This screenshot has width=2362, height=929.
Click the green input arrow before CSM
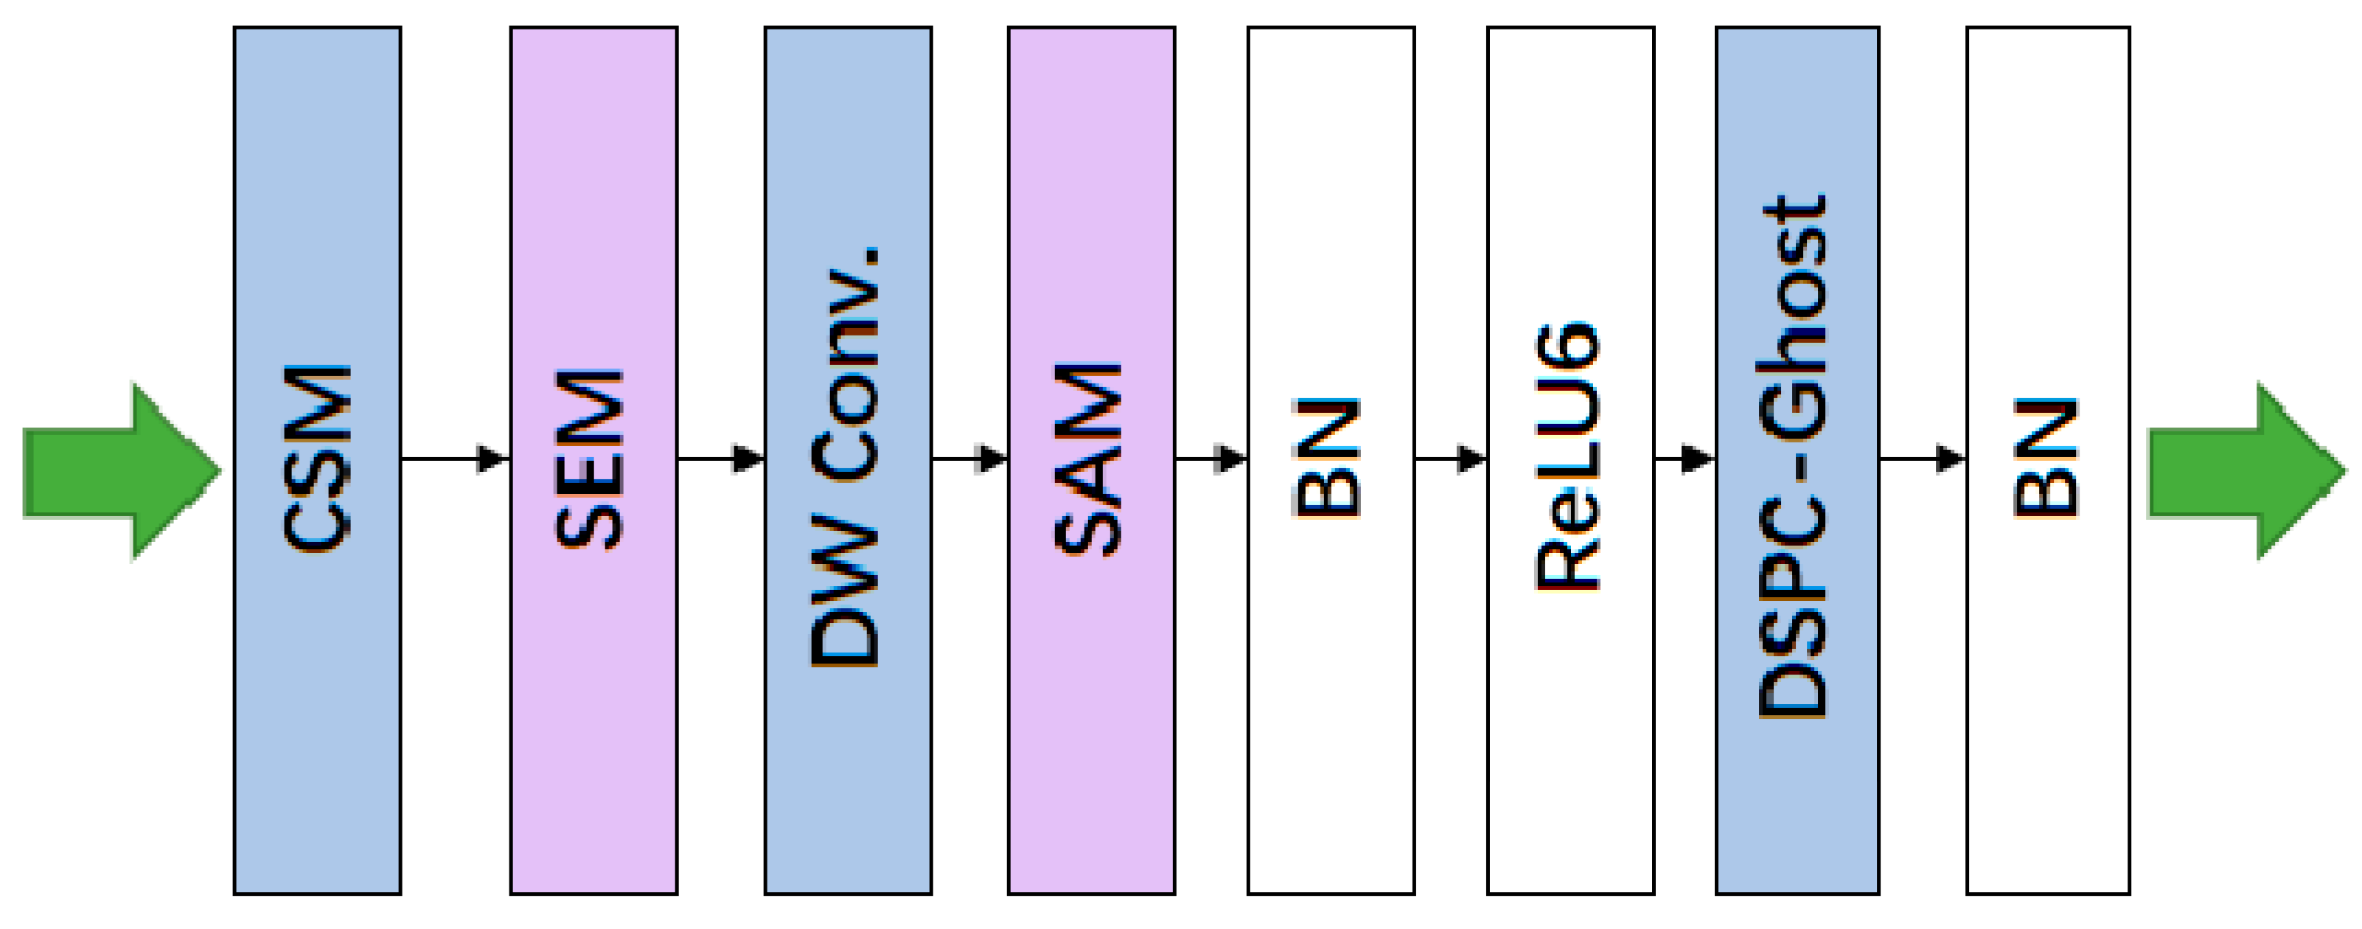(119, 470)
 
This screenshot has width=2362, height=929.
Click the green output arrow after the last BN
(2245, 470)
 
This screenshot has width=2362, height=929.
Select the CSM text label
(317, 458)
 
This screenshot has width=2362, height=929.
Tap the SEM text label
(590, 459)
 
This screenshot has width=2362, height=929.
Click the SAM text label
(1088, 459)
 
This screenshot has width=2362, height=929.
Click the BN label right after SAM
(1327, 458)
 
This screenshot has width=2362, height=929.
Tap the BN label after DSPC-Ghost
(2046, 458)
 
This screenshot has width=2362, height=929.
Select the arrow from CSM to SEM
(455, 458)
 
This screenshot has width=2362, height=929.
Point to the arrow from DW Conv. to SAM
(970, 458)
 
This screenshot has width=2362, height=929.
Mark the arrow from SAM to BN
(1210, 458)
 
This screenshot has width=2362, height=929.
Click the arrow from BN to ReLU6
(1451, 458)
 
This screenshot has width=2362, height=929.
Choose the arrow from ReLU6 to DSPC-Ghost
(1685, 458)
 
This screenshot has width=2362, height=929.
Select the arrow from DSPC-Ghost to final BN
(1922, 458)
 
